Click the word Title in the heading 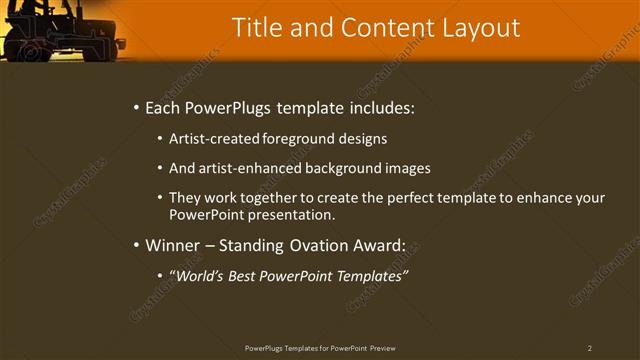pos(255,28)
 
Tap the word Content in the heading pos(377,28)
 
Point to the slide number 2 pos(590,348)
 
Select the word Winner pos(172,245)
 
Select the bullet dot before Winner pos(136,245)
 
